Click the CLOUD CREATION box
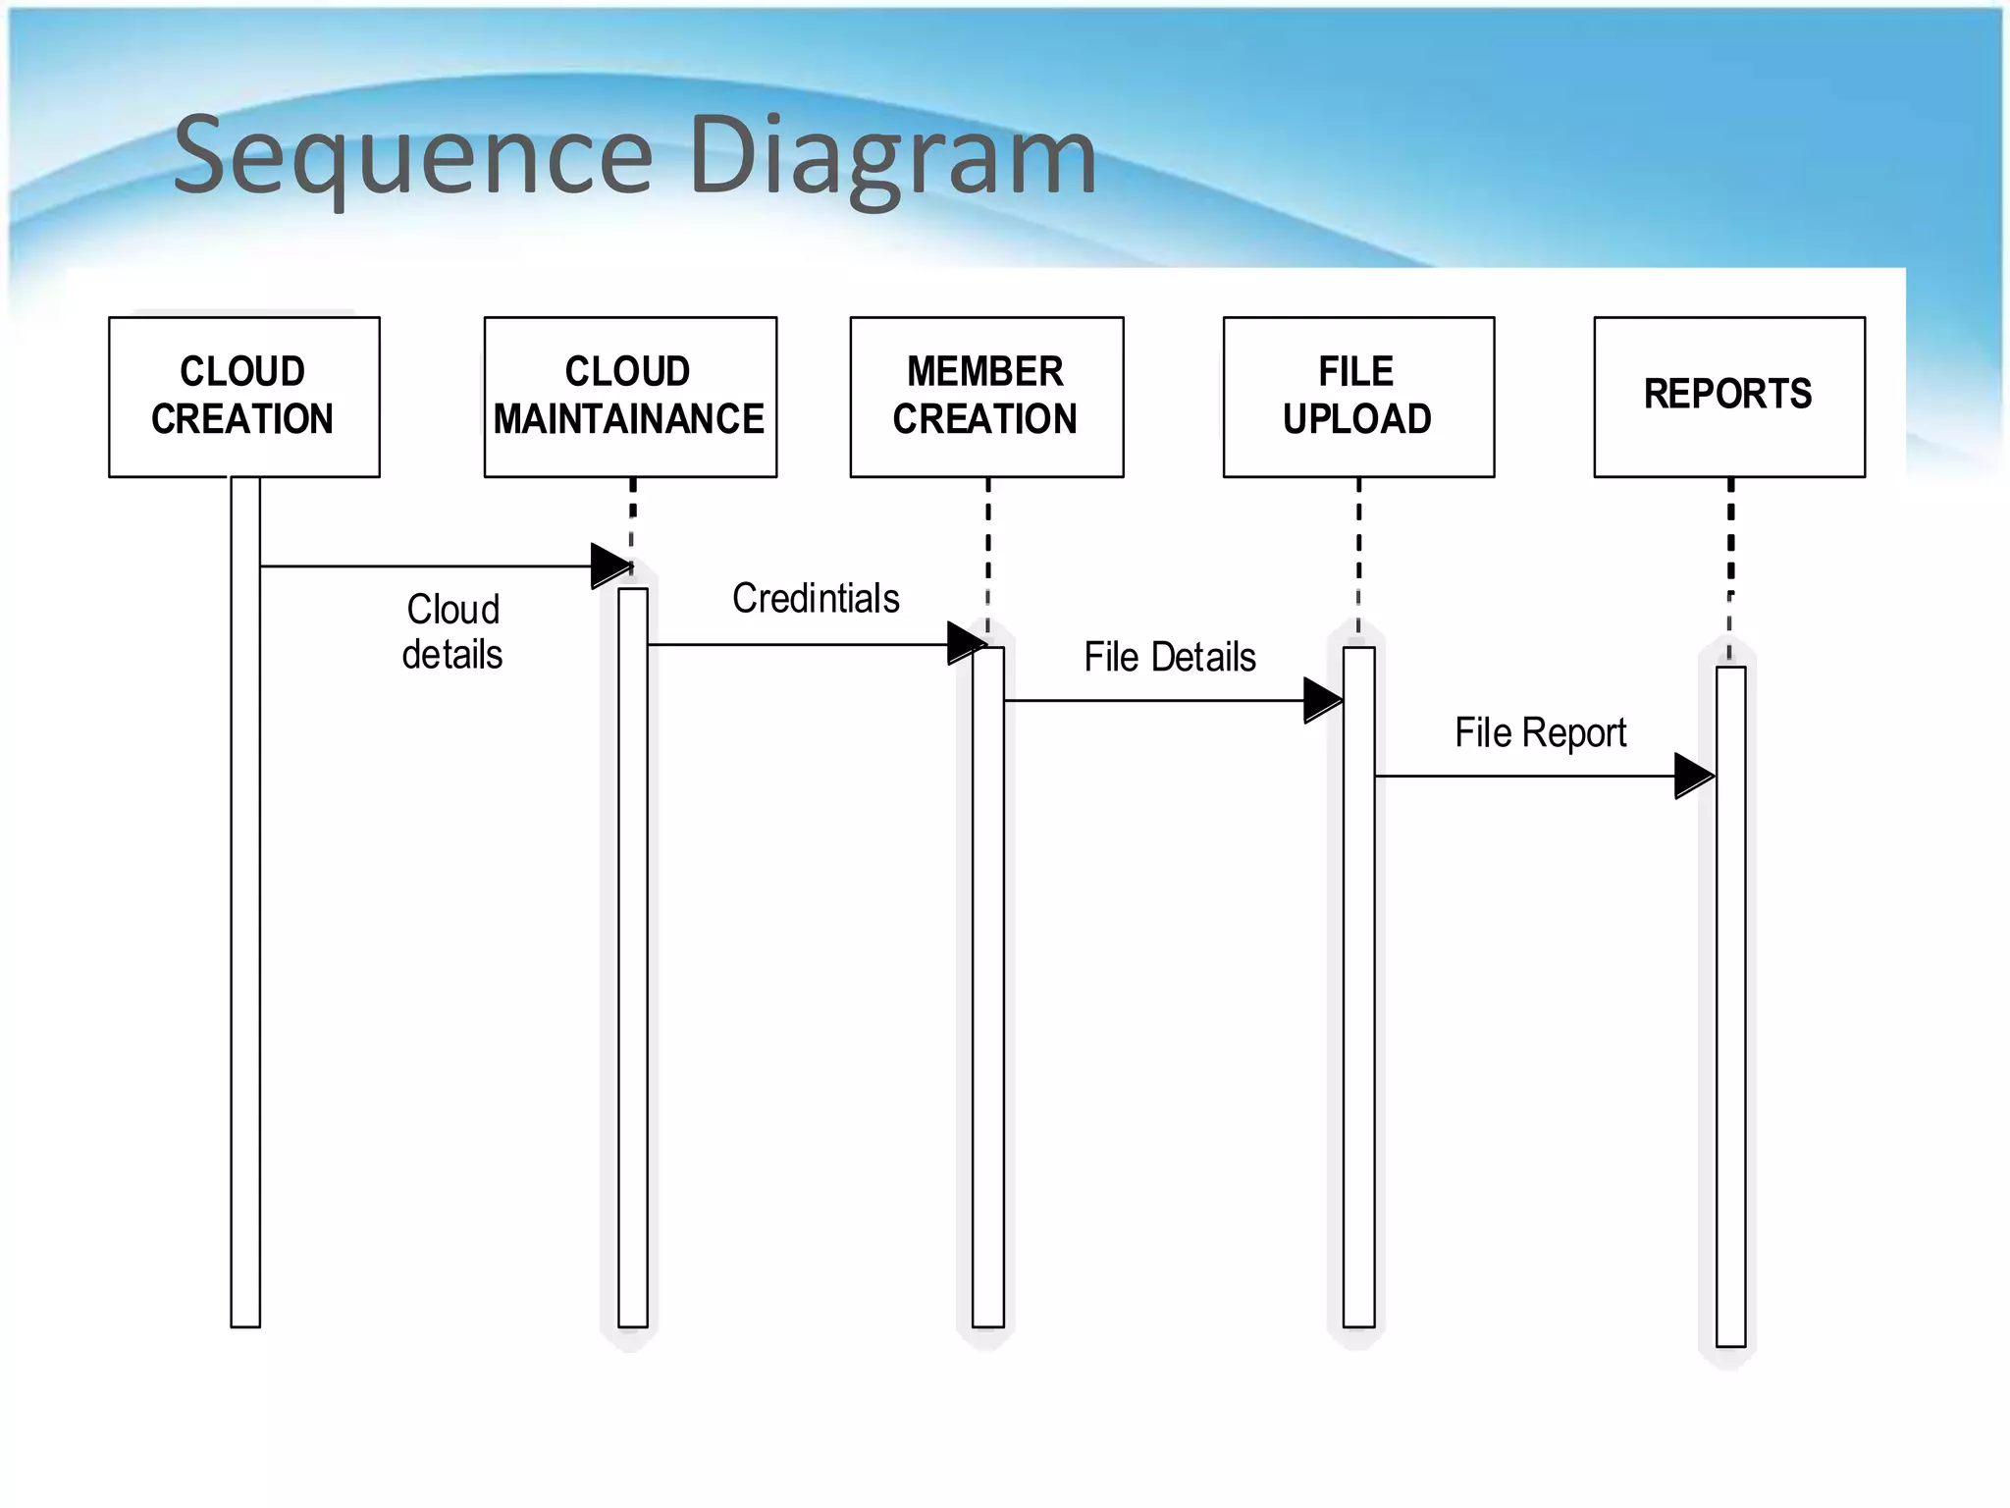point(243,397)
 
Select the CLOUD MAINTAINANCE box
point(630,397)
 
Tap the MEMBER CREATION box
point(986,397)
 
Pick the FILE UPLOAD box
point(1358,397)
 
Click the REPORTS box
point(1729,397)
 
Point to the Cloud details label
point(452,631)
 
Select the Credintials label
point(816,598)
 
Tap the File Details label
point(1170,657)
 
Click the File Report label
point(1540,732)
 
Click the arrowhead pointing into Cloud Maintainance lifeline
point(610,565)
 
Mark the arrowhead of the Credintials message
point(966,644)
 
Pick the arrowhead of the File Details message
point(1322,700)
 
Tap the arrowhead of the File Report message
point(1693,776)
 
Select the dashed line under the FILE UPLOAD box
point(1358,550)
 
